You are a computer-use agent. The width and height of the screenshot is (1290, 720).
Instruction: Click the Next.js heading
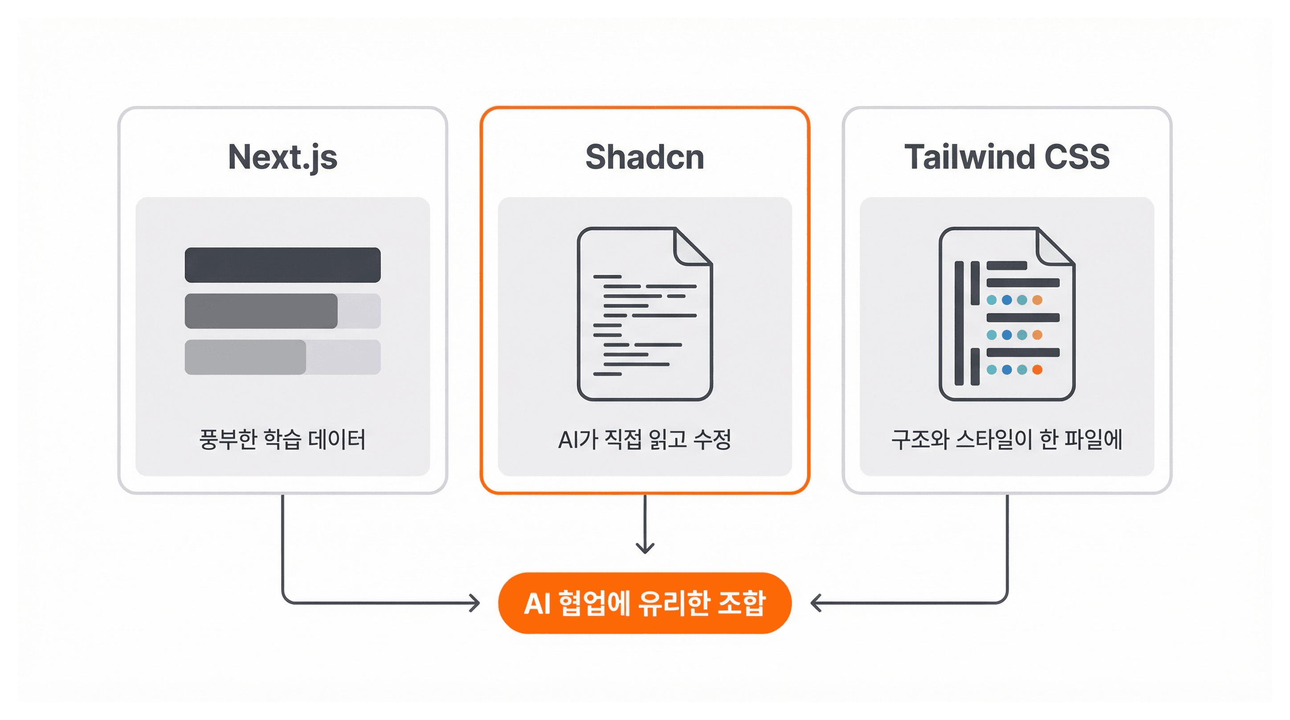[x=282, y=157]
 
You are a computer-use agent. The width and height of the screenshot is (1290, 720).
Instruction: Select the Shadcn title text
[x=645, y=157]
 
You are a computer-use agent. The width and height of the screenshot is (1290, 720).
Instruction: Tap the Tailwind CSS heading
[x=1007, y=157]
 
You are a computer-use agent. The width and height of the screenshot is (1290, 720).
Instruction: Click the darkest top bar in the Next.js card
[x=282, y=265]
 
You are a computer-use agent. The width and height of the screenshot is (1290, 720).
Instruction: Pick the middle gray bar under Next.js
[x=261, y=311]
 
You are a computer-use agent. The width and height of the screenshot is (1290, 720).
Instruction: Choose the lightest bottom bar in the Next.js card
[x=245, y=357]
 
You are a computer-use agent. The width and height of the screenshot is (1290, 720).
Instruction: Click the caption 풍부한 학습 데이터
[x=282, y=439]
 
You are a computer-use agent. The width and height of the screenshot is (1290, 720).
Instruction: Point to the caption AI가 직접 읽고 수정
[x=645, y=439]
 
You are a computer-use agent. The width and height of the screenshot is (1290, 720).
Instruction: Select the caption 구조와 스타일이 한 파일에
[x=1007, y=439]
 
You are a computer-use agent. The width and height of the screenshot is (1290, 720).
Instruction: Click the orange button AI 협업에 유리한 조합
[x=645, y=603]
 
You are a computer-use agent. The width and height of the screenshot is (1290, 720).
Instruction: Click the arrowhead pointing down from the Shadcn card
[x=645, y=548]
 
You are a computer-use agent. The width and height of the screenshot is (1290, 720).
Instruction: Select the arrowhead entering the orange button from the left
[x=474, y=603]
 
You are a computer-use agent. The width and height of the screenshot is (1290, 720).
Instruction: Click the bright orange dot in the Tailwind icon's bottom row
[x=1037, y=370]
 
